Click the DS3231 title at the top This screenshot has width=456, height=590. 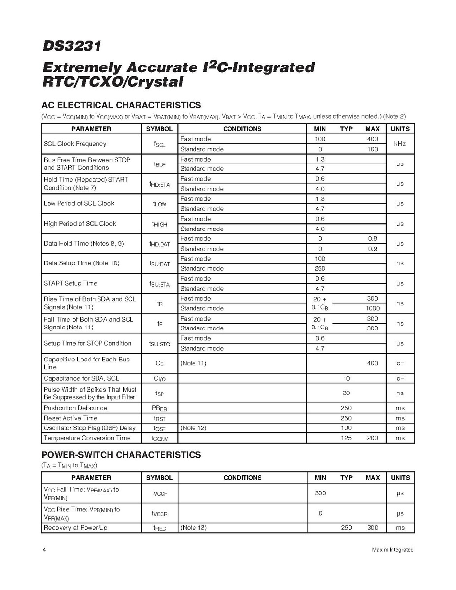click(72, 46)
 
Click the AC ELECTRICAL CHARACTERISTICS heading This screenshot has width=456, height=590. click(121, 105)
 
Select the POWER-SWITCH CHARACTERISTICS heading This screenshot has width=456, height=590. click(121, 455)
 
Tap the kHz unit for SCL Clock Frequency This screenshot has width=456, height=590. click(400, 144)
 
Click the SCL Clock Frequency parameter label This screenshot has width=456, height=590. click(75, 144)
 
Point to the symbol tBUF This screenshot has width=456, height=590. click(159, 164)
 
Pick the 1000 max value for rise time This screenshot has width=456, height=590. click(372, 308)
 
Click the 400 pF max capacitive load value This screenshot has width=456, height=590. click(372, 363)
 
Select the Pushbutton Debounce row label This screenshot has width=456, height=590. click(75, 408)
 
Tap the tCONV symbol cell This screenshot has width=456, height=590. click(159, 438)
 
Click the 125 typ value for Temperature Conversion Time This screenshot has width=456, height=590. click(346, 438)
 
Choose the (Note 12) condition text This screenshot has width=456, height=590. click(193, 428)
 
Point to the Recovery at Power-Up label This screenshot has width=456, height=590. click(75, 528)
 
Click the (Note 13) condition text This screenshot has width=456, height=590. click(193, 528)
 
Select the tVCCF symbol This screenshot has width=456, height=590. click(159, 493)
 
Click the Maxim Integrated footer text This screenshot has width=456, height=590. click(392, 550)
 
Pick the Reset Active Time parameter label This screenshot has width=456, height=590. click(70, 418)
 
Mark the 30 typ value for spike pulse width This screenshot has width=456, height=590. click(346, 393)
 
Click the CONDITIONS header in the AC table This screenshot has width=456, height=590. click(242, 129)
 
